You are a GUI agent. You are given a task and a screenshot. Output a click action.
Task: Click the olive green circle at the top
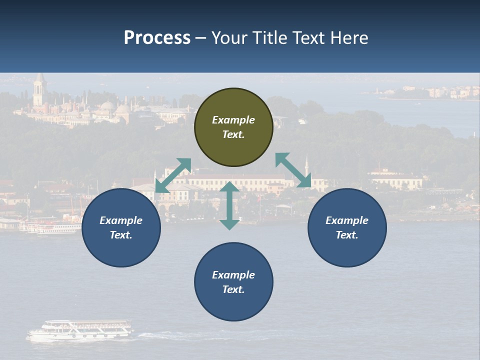tap(233, 127)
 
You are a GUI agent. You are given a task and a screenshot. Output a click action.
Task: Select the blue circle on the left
tap(121, 227)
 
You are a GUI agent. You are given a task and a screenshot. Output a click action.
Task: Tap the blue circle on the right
tap(347, 227)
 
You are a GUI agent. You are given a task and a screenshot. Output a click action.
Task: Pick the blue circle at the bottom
tap(233, 282)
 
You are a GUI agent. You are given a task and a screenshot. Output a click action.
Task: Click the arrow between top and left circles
tap(173, 175)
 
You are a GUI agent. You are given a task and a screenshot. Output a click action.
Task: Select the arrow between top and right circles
tap(293, 170)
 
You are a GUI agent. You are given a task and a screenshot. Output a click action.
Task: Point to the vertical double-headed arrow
tap(229, 205)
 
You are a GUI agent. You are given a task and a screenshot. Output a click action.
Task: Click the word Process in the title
tap(157, 38)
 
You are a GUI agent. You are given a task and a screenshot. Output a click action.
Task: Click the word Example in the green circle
tap(233, 120)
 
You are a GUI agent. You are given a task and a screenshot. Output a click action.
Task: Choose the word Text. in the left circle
tap(121, 235)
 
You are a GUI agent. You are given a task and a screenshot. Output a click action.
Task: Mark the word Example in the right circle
tap(347, 220)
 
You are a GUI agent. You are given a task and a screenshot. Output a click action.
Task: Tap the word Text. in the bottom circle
tap(233, 289)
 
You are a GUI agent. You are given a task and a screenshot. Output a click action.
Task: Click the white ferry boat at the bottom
tap(80, 330)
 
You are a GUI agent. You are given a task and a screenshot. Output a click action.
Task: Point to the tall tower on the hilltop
tap(39, 90)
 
